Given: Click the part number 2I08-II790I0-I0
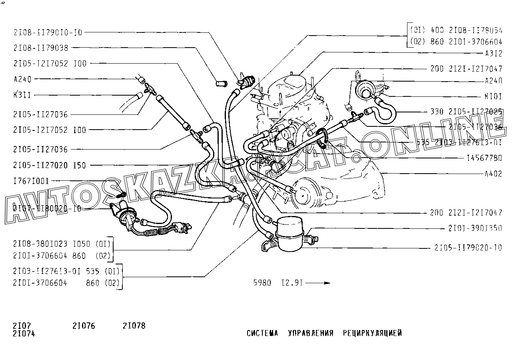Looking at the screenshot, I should coord(48,32).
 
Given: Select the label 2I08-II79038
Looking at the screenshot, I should coord(40,48).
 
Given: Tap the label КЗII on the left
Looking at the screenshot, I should coord(22,95).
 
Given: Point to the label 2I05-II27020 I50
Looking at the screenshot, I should coord(49,165).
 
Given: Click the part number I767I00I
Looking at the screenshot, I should coord(31,181).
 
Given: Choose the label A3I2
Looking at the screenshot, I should coord(493,53).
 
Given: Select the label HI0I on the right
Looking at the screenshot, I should coord(493,96).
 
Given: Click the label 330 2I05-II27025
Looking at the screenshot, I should coord(466,112).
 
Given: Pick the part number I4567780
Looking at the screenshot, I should coord(484,158).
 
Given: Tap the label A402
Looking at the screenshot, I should coord(493,174).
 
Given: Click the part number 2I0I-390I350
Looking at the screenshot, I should coord(475,228).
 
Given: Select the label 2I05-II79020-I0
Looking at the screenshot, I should coord(468,248).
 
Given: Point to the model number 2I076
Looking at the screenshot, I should coord(84,326).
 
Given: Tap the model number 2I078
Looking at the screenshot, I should coord(134,326).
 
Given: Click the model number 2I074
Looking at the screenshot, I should coord(24,334).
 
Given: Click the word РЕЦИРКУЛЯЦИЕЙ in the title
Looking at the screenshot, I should coord(372,333).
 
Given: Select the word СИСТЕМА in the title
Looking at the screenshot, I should coord(262,333).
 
